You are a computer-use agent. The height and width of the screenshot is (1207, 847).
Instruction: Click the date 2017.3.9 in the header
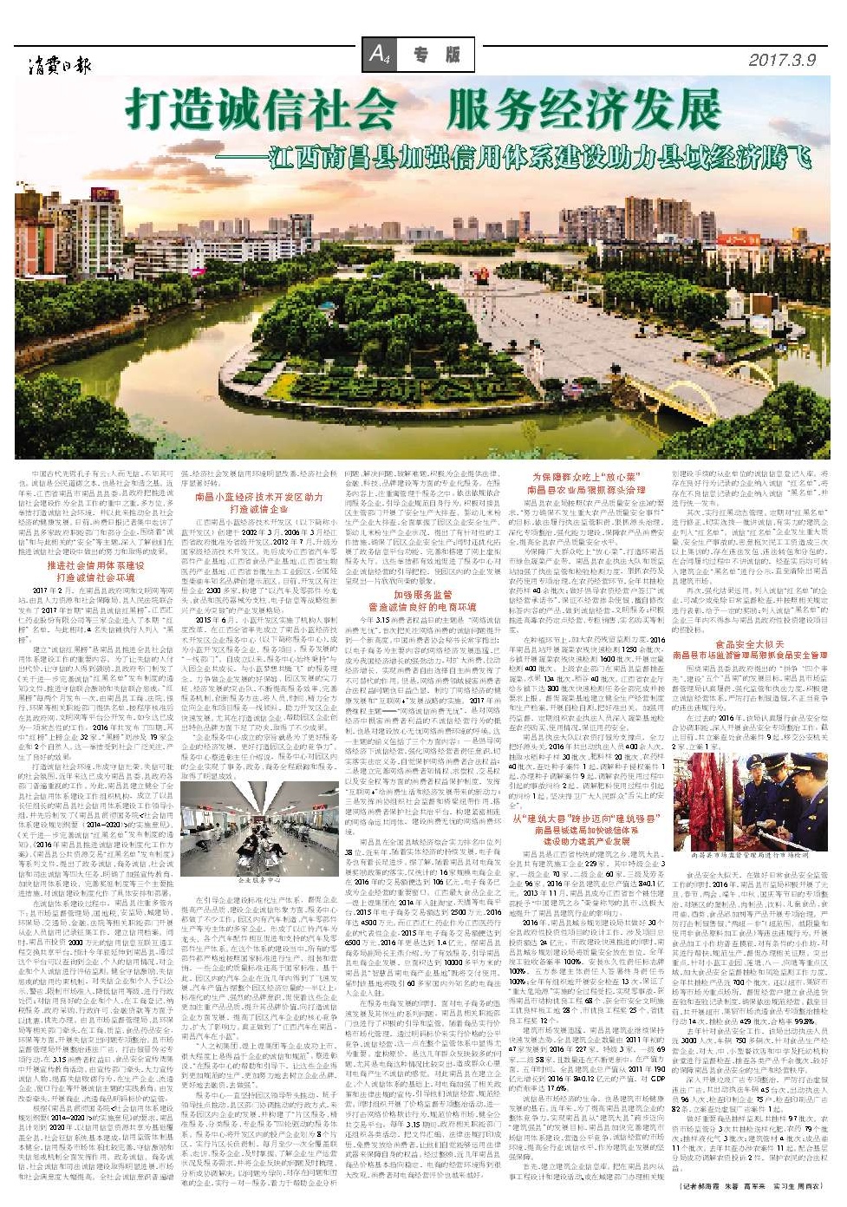coord(781,60)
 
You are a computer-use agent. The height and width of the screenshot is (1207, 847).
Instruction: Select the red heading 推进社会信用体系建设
coord(95,565)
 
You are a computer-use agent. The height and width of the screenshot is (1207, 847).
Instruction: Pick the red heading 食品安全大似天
coord(750,644)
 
